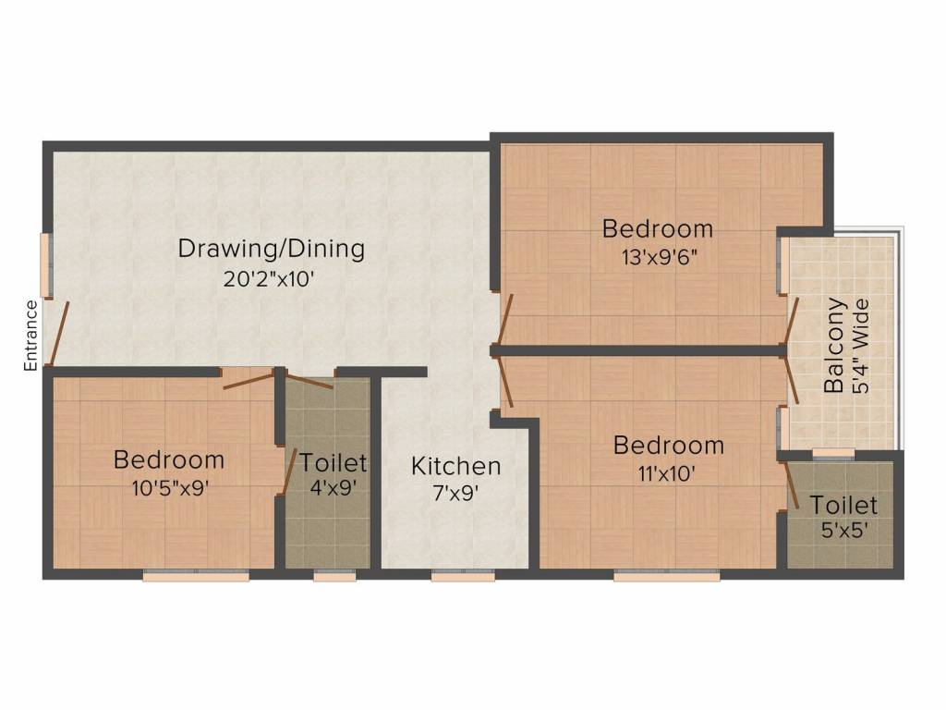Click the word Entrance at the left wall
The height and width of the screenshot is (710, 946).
tap(30, 336)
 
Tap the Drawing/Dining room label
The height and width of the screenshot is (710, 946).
tap(272, 249)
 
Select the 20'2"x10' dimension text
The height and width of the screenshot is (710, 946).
tap(272, 278)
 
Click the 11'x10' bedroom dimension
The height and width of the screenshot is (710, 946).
tap(669, 474)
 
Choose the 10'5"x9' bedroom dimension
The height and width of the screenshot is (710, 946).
tap(168, 488)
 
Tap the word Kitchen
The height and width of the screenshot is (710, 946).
tap(456, 465)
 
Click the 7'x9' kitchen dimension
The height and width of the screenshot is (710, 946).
tap(456, 493)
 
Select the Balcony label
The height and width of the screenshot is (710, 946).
tap(834, 345)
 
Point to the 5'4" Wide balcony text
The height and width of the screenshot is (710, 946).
tap(863, 345)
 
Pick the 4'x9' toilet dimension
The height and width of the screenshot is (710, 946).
tap(334, 488)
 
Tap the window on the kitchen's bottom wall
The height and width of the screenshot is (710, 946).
tap(463, 576)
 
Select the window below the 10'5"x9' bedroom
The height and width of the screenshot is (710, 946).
tap(196, 576)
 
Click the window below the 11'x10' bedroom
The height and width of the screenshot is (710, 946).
tap(666, 576)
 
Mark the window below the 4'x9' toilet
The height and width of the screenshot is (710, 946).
tap(334, 576)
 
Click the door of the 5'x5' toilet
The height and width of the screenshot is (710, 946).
tap(793, 483)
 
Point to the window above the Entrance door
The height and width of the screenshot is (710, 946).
tap(45, 264)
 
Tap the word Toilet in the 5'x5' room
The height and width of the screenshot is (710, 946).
tap(843, 505)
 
